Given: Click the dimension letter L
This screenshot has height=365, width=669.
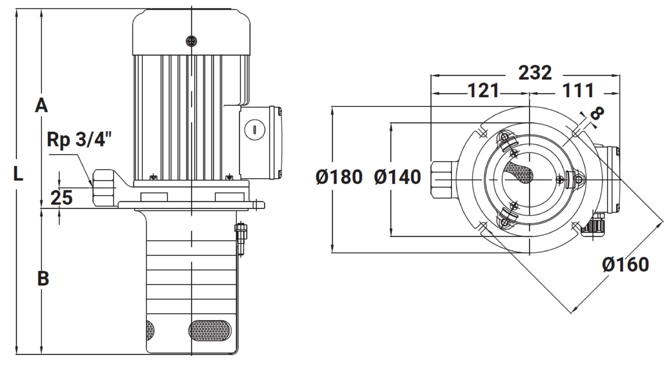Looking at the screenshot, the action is tap(18, 174).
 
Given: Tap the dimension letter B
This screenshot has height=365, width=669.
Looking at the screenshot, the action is tap(43, 278).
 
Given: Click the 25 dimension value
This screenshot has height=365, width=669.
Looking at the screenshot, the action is tap(61, 197).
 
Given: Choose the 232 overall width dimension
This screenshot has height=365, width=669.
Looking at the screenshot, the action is tap(535, 73).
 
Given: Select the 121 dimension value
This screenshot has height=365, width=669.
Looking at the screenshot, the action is tap(483, 90).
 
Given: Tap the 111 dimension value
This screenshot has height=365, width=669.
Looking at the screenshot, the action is tap(578, 90).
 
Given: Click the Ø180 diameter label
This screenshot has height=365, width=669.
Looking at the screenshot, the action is tap(339, 176).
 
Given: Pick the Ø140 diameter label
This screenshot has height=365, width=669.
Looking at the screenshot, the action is tap(398, 176).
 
